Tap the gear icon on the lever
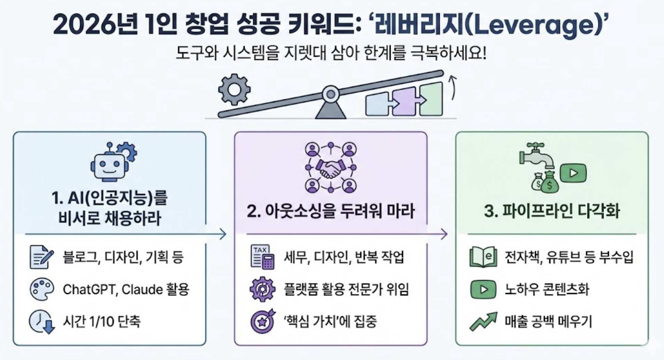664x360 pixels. point(234,89)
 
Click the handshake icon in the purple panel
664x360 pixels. point(330,168)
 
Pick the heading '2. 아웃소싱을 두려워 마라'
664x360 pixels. point(330,211)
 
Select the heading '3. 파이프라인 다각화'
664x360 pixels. point(552,211)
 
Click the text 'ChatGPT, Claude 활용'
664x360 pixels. point(126,290)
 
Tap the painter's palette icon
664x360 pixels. point(42,289)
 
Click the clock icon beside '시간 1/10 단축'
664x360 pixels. point(42,321)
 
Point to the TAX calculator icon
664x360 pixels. point(262,257)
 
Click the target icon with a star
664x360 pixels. point(262,321)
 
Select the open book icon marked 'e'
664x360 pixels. point(483,257)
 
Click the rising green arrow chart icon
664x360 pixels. point(483,321)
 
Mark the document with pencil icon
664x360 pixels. point(41,257)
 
